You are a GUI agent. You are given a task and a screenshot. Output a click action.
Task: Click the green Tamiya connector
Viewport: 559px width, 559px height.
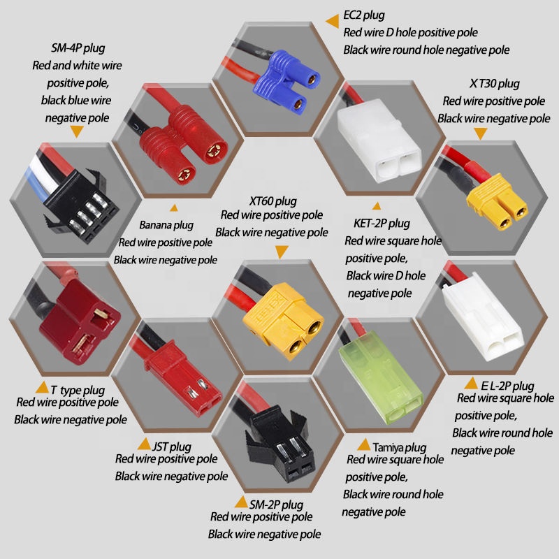(380, 377)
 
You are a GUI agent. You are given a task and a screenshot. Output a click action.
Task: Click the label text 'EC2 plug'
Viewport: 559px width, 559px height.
(364, 15)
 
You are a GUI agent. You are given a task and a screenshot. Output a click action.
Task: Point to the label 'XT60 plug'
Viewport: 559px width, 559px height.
(273, 201)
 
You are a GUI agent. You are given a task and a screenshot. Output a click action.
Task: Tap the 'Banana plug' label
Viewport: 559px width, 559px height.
(166, 225)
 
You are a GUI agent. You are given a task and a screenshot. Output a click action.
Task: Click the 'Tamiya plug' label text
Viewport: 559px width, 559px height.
(400, 447)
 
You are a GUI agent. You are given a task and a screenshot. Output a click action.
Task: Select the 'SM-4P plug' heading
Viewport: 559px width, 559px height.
(78, 48)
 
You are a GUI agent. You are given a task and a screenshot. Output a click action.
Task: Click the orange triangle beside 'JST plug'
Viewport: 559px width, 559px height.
(144, 444)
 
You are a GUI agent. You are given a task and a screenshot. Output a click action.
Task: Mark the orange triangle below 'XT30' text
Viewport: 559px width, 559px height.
(481, 134)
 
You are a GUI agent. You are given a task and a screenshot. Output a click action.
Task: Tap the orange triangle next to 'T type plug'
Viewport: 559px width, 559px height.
(42, 388)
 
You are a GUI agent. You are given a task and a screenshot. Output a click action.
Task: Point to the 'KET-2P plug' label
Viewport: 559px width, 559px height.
(382, 224)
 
